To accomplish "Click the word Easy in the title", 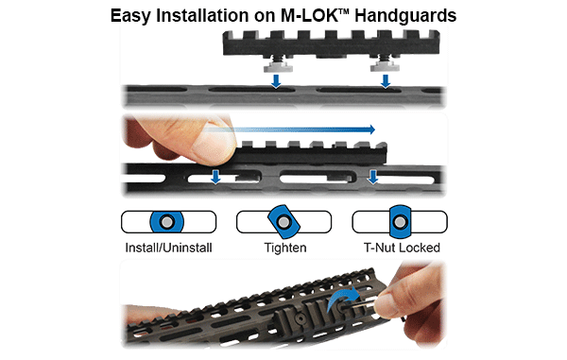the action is point(130,16).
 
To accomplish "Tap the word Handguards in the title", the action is point(405,16).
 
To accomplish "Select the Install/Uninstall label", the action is point(168,248).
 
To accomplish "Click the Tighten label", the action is point(285,248).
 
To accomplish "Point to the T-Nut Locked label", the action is point(402,248).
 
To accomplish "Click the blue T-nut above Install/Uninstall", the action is point(166,222).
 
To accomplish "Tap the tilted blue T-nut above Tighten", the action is point(283,221).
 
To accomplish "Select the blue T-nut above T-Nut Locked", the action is point(400,221).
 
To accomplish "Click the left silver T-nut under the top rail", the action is point(277,67).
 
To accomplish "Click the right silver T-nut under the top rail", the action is point(386,67).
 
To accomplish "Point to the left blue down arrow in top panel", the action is point(276,81).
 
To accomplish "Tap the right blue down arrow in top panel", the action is point(386,81).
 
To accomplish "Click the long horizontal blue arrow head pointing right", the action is point(371,129).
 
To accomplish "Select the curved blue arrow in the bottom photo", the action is point(342,298).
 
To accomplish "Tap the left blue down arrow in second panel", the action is point(215,177).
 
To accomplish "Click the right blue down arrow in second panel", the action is point(373,177).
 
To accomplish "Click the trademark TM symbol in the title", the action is point(344,11).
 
